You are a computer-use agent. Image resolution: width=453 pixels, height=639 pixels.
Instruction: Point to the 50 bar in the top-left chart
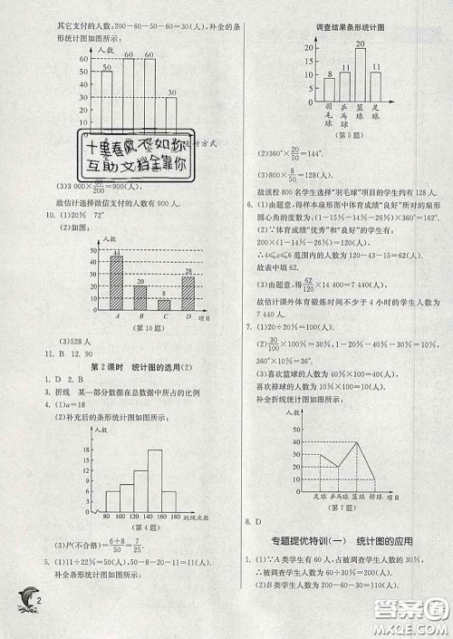click(x=107, y=100)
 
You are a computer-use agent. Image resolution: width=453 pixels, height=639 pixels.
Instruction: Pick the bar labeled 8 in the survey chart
click(x=331, y=88)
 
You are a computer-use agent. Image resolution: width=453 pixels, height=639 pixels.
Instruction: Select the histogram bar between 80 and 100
click(x=112, y=501)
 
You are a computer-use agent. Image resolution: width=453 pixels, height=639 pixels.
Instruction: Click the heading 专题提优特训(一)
click(x=304, y=541)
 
